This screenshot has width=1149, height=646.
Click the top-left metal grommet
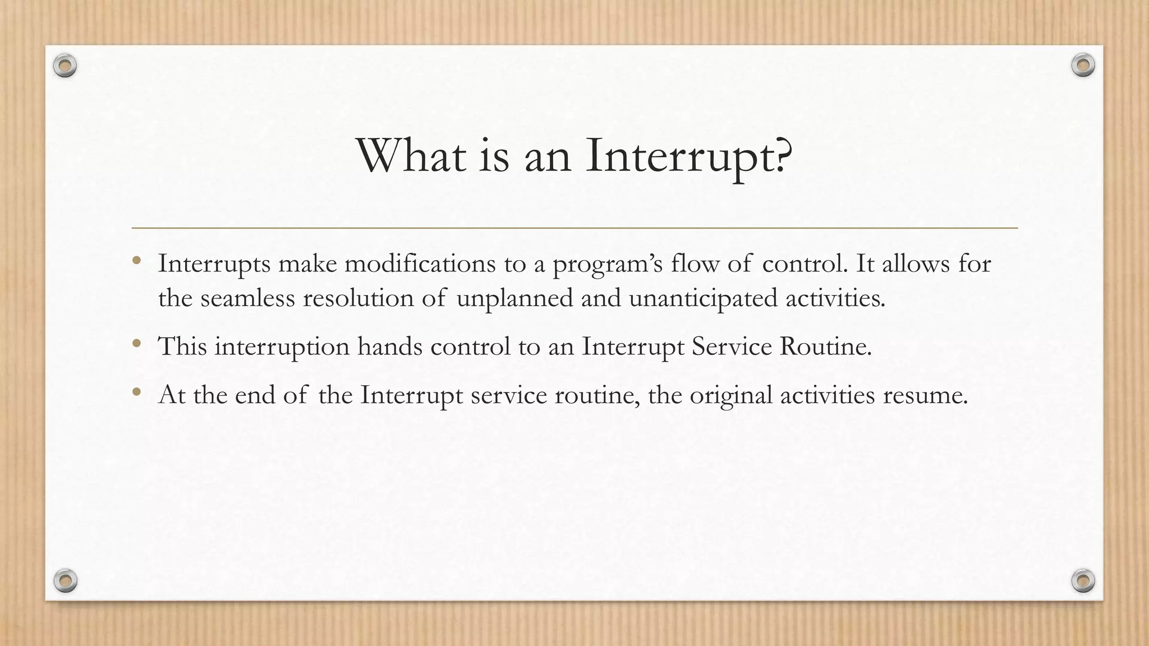(65, 66)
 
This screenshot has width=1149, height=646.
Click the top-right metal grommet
(1083, 66)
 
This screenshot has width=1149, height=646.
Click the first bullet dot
(136, 260)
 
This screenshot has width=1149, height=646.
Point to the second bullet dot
(136, 343)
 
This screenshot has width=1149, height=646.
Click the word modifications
(420, 264)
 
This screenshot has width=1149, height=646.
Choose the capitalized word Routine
(825, 347)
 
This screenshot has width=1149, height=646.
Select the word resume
(925, 395)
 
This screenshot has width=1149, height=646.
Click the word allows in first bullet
(916, 264)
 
